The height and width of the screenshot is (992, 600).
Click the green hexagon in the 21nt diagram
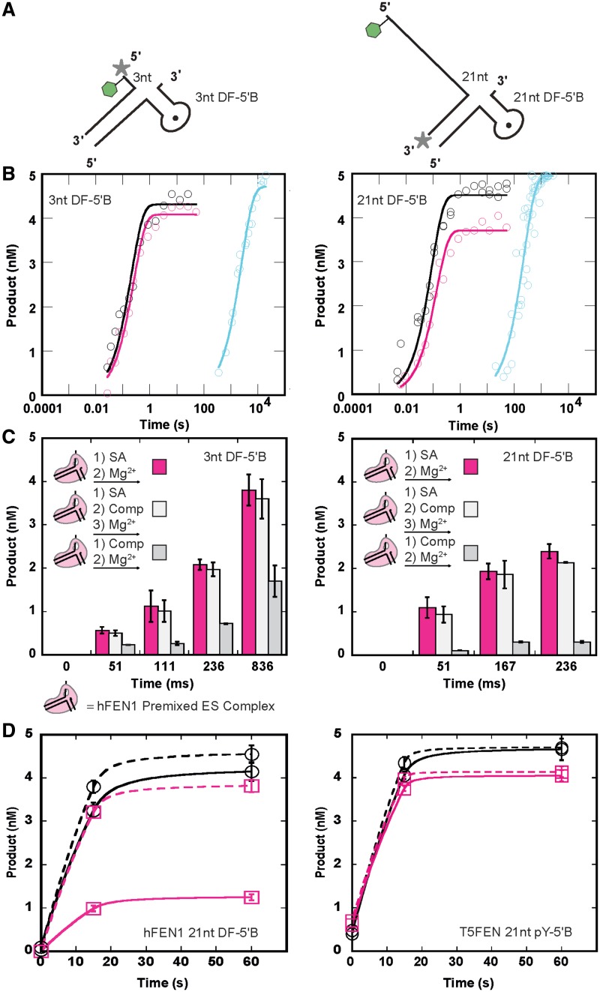pos(372,29)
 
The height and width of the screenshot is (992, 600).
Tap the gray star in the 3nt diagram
pos(121,68)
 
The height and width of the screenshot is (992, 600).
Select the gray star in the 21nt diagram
pos(423,140)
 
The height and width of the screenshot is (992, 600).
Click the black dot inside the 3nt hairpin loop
pos(175,117)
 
